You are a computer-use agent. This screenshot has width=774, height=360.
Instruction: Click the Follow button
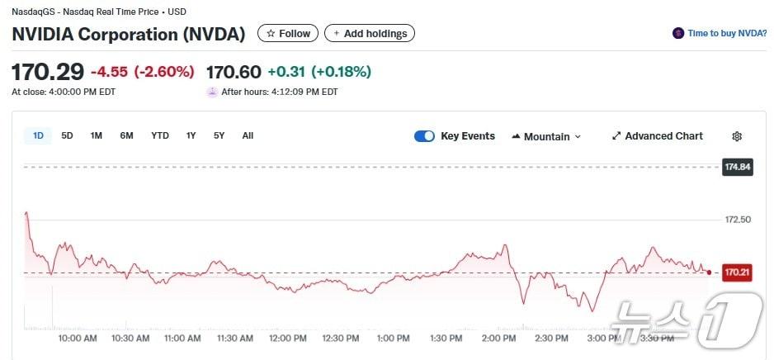(288, 34)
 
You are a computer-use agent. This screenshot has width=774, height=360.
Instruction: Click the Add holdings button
(370, 34)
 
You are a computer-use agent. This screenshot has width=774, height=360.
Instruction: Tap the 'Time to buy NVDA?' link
(720, 34)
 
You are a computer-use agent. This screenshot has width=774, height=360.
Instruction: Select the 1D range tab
(38, 135)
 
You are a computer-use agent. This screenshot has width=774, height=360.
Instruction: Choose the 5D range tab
(67, 135)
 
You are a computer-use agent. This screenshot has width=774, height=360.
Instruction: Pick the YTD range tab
(159, 135)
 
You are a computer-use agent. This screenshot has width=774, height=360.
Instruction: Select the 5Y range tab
(219, 135)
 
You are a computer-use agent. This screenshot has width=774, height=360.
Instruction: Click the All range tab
(248, 135)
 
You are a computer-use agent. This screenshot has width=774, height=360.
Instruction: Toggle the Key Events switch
(424, 136)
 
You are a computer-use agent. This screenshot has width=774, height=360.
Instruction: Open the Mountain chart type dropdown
(546, 136)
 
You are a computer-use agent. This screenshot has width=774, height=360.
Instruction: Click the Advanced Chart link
(658, 136)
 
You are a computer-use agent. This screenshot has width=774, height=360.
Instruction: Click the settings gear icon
(737, 136)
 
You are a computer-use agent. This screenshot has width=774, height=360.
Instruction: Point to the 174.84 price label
(737, 167)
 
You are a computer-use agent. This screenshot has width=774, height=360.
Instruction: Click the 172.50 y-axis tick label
(738, 220)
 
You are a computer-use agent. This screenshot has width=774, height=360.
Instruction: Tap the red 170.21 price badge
(736, 272)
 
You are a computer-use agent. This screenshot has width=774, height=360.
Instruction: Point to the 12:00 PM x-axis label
(288, 339)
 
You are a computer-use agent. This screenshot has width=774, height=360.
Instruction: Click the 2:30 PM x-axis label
(550, 339)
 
